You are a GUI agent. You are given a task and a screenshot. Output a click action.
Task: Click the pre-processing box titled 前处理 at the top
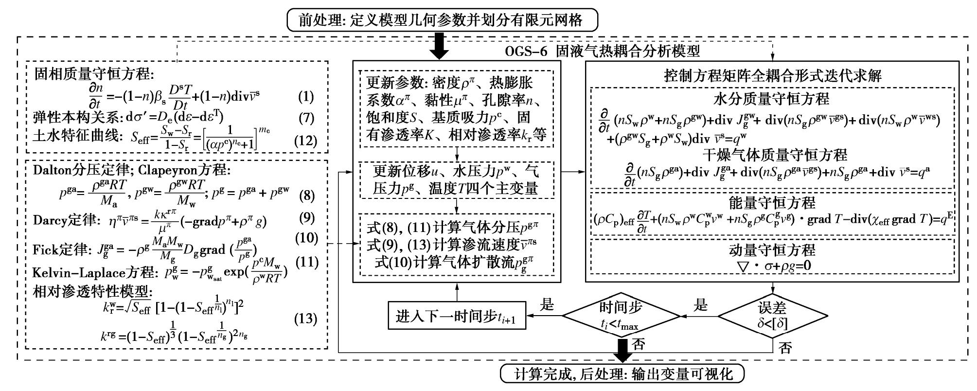[x=442, y=20]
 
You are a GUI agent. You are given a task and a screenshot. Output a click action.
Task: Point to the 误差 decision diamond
[x=772, y=317]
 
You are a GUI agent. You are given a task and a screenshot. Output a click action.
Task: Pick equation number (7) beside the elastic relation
[x=306, y=118]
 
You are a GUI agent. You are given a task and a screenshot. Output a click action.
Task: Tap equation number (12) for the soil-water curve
[x=306, y=141]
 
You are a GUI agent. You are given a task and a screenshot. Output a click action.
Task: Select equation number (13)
[x=306, y=319]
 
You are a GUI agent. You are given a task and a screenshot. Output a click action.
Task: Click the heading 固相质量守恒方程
[x=94, y=74]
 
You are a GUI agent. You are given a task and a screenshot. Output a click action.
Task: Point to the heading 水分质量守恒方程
[x=771, y=99]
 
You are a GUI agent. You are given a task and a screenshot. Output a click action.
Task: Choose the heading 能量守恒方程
[x=772, y=202]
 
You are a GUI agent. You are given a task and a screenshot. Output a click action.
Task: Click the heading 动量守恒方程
[x=772, y=250]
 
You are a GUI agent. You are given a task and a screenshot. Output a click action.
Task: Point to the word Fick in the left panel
[x=45, y=249]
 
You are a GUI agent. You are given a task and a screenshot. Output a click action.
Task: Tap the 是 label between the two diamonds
[x=700, y=305]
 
